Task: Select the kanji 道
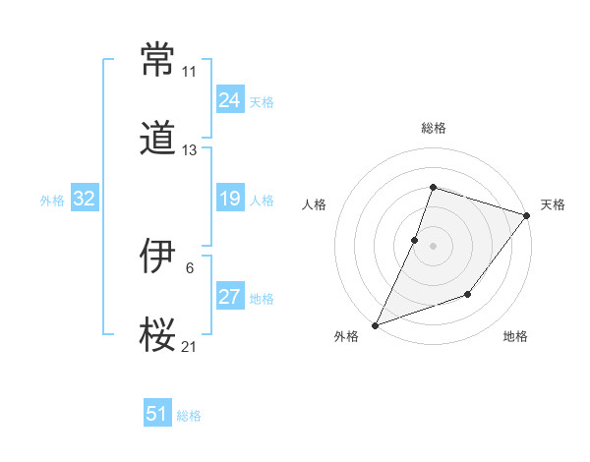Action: tap(158, 138)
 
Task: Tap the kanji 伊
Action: tap(158, 257)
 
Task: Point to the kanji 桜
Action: tap(158, 334)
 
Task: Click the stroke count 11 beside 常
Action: tap(189, 72)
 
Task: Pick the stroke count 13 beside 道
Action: tap(189, 150)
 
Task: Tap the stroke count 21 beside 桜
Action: tap(189, 347)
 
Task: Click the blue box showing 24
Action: tap(229, 100)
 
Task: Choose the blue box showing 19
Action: tap(229, 200)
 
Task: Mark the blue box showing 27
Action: tap(229, 297)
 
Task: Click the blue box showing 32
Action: tap(85, 200)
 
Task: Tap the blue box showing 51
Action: tap(157, 414)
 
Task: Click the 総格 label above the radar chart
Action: tap(433, 128)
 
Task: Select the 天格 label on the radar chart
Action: tap(553, 204)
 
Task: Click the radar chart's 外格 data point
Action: tap(375, 324)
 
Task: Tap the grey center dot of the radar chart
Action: tap(433, 245)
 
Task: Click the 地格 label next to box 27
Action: tap(262, 299)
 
